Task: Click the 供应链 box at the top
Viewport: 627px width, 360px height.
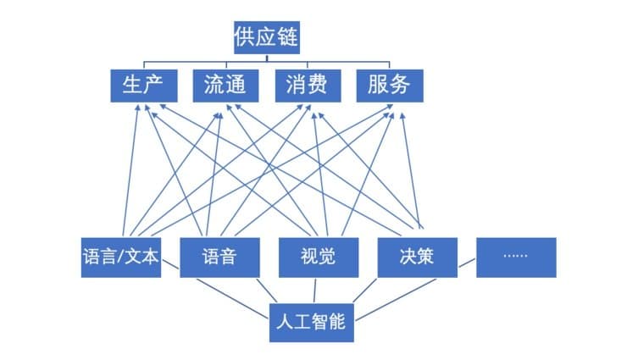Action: [x=267, y=37]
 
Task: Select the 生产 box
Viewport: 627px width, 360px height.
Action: [x=144, y=86]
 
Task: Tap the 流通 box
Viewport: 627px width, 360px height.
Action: [x=225, y=86]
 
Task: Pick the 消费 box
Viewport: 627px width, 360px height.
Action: [x=308, y=86]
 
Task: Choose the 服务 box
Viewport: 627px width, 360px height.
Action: [x=390, y=86]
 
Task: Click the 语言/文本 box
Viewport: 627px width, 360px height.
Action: [x=121, y=258]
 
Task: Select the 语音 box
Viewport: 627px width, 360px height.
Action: [x=220, y=258]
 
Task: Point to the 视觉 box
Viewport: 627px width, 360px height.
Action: [x=319, y=258]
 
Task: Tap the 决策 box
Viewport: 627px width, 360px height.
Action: [x=418, y=258]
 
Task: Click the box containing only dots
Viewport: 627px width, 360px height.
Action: [x=516, y=258]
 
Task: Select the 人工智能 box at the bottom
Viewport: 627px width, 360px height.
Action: [x=312, y=323]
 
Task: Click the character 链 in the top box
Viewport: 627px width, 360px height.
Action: [x=287, y=36]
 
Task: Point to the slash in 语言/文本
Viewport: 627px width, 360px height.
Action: [x=121, y=257]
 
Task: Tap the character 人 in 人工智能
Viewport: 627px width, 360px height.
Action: [x=285, y=322]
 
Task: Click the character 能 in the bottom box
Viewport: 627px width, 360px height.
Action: [x=336, y=322]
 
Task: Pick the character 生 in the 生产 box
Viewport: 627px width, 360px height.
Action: [x=132, y=85]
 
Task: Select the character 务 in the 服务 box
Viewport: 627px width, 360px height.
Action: [x=400, y=85]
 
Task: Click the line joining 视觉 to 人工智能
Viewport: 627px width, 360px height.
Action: [x=314, y=291]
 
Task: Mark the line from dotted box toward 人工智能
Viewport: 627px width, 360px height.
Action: [x=467, y=263]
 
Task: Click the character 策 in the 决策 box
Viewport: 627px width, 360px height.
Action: [x=426, y=257]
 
